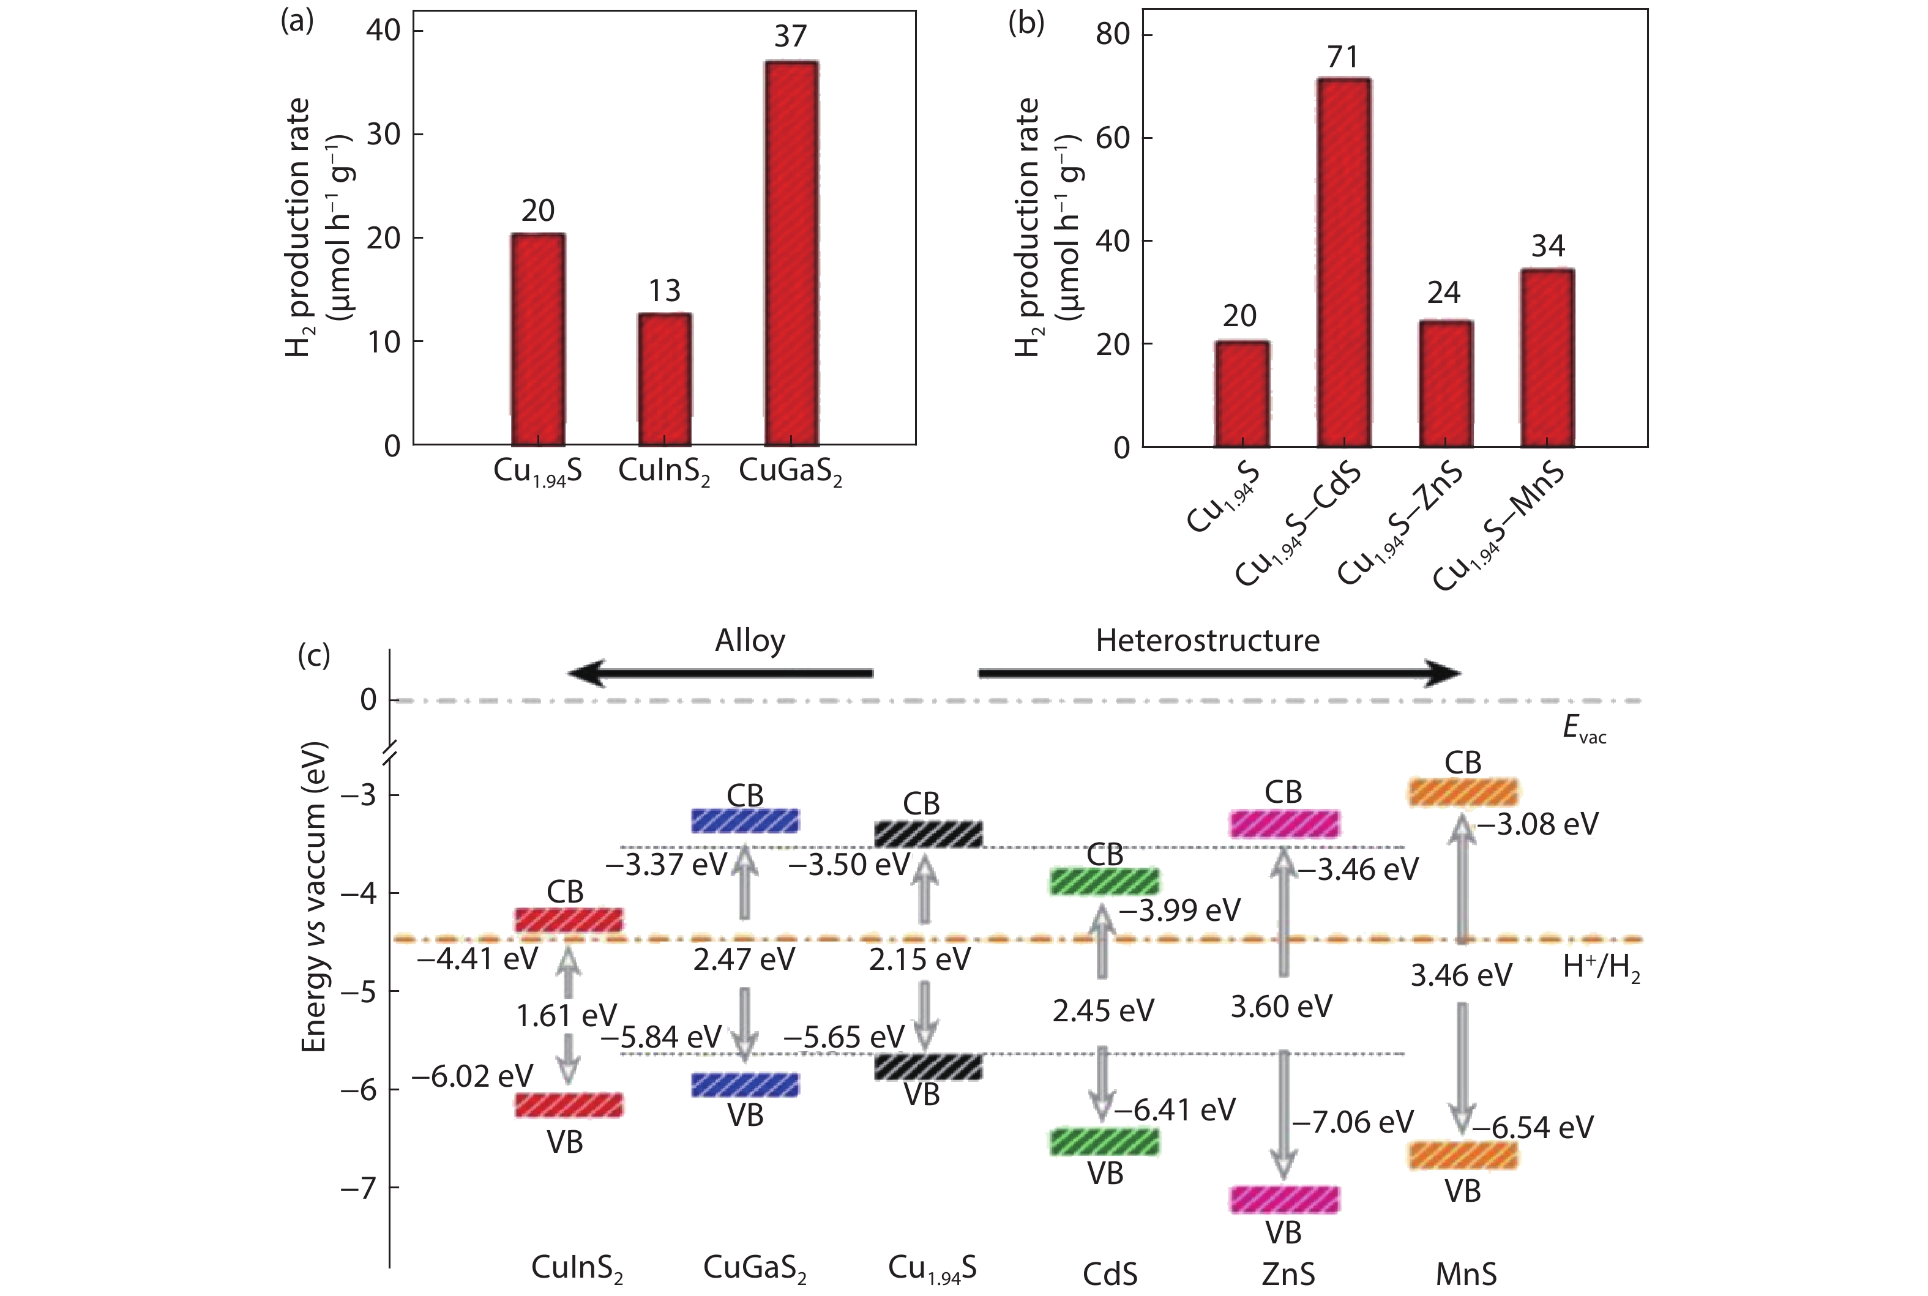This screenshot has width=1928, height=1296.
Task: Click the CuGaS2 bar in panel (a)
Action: (x=791, y=253)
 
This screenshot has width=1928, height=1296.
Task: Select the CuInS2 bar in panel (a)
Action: (x=664, y=379)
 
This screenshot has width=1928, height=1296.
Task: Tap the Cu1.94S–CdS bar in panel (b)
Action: (x=1343, y=263)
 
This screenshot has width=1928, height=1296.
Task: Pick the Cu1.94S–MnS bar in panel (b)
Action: (x=1548, y=358)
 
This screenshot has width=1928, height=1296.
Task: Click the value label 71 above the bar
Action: (x=1343, y=57)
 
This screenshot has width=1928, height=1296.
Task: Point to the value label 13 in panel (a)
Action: (x=664, y=291)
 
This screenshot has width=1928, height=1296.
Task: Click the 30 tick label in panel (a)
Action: (x=384, y=134)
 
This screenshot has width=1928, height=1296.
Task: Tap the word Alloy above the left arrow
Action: (x=750, y=641)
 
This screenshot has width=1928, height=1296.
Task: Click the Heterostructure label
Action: (x=1207, y=641)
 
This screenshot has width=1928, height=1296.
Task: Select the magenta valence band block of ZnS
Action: (x=1284, y=1199)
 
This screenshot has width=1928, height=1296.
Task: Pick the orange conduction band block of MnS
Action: (x=1463, y=792)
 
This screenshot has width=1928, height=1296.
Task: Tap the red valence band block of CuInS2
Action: (x=569, y=1105)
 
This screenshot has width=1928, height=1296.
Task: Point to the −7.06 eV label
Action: (x=1353, y=1122)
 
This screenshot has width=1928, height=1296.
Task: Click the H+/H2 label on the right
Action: (x=1601, y=968)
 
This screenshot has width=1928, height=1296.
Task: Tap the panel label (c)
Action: (x=313, y=655)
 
